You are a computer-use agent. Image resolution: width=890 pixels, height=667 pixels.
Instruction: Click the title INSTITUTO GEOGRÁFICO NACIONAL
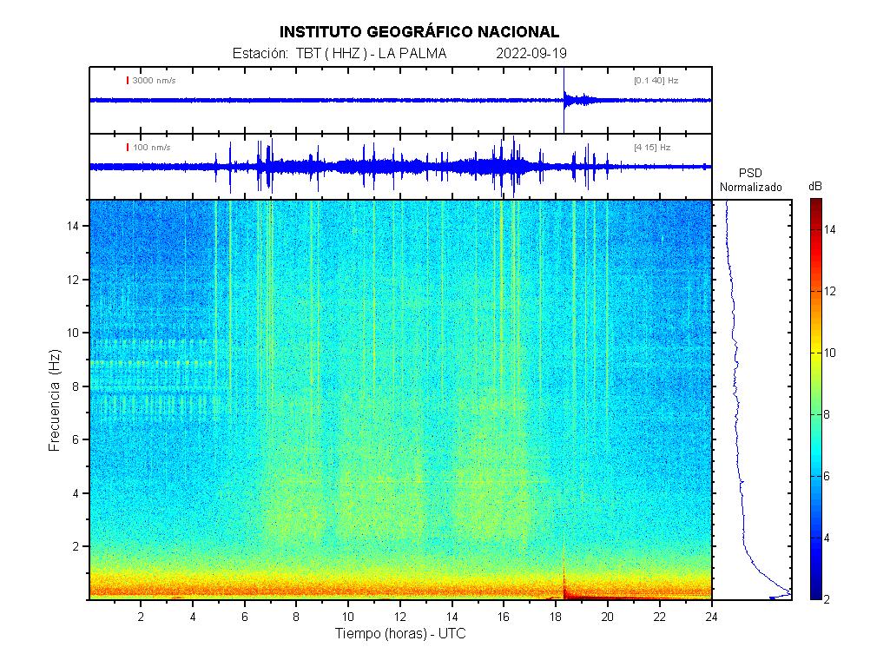coord(419,32)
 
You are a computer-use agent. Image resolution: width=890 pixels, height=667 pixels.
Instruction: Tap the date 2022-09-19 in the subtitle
coord(531,53)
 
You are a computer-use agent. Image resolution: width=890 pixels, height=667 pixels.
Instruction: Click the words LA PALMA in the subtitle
coord(412,53)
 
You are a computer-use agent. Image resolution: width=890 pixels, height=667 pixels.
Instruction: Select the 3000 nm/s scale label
coord(154,81)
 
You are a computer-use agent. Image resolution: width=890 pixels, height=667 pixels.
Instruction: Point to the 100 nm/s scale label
coord(152,148)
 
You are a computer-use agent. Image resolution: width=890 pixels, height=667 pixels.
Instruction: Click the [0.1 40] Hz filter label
coord(656,81)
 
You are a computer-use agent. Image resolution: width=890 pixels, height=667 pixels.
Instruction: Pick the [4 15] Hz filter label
coord(652,148)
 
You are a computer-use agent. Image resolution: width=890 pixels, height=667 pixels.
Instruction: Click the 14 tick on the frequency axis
coord(73,226)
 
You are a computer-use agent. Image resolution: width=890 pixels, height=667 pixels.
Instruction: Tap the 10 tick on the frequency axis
coord(73,333)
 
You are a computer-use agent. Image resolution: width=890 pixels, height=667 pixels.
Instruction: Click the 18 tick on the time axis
coord(556,617)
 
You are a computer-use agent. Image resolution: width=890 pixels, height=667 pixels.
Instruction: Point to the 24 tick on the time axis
coord(711,617)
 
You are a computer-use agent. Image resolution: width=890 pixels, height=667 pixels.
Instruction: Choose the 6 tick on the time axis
coord(245,617)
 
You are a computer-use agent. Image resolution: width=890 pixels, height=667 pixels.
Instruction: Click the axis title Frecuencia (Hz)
coord(55,400)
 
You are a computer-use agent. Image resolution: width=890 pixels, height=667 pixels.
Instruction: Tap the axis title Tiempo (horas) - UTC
coord(400,633)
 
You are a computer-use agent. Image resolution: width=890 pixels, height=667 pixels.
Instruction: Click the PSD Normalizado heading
coord(750,180)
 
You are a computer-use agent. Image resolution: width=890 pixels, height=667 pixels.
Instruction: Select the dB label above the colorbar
coord(815,187)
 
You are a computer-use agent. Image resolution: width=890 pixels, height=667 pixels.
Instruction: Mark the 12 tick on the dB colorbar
coord(829,291)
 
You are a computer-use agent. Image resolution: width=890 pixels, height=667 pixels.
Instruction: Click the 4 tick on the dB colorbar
coord(827,538)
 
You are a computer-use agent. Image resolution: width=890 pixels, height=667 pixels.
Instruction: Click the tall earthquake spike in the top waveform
coord(564,100)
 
